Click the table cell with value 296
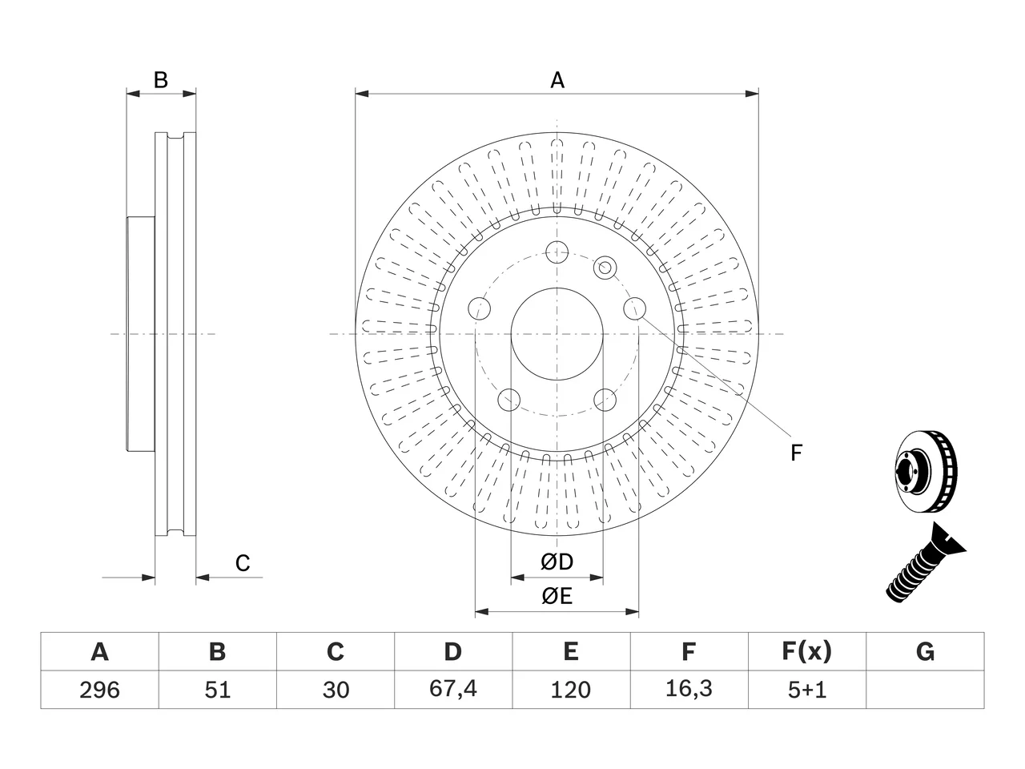(99, 690)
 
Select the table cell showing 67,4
(453, 690)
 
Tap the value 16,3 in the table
(689, 689)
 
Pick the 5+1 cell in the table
(807, 690)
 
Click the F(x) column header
(807, 652)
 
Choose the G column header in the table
(925, 652)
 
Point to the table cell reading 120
(571, 690)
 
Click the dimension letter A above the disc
(557, 80)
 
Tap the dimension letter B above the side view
(161, 80)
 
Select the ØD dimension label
(557, 562)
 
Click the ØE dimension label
(557, 596)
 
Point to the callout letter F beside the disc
(796, 453)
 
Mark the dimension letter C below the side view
(243, 563)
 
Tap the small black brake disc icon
(926, 472)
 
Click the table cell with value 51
(218, 690)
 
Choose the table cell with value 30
(336, 690)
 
